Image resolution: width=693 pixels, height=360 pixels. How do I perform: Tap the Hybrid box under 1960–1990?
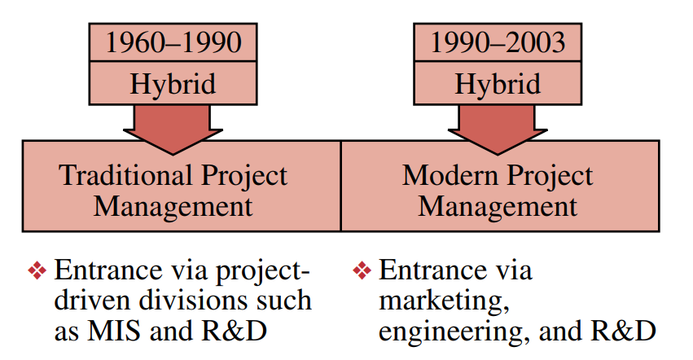(173, 84)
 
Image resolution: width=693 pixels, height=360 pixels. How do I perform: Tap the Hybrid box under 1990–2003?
(498, 84)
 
